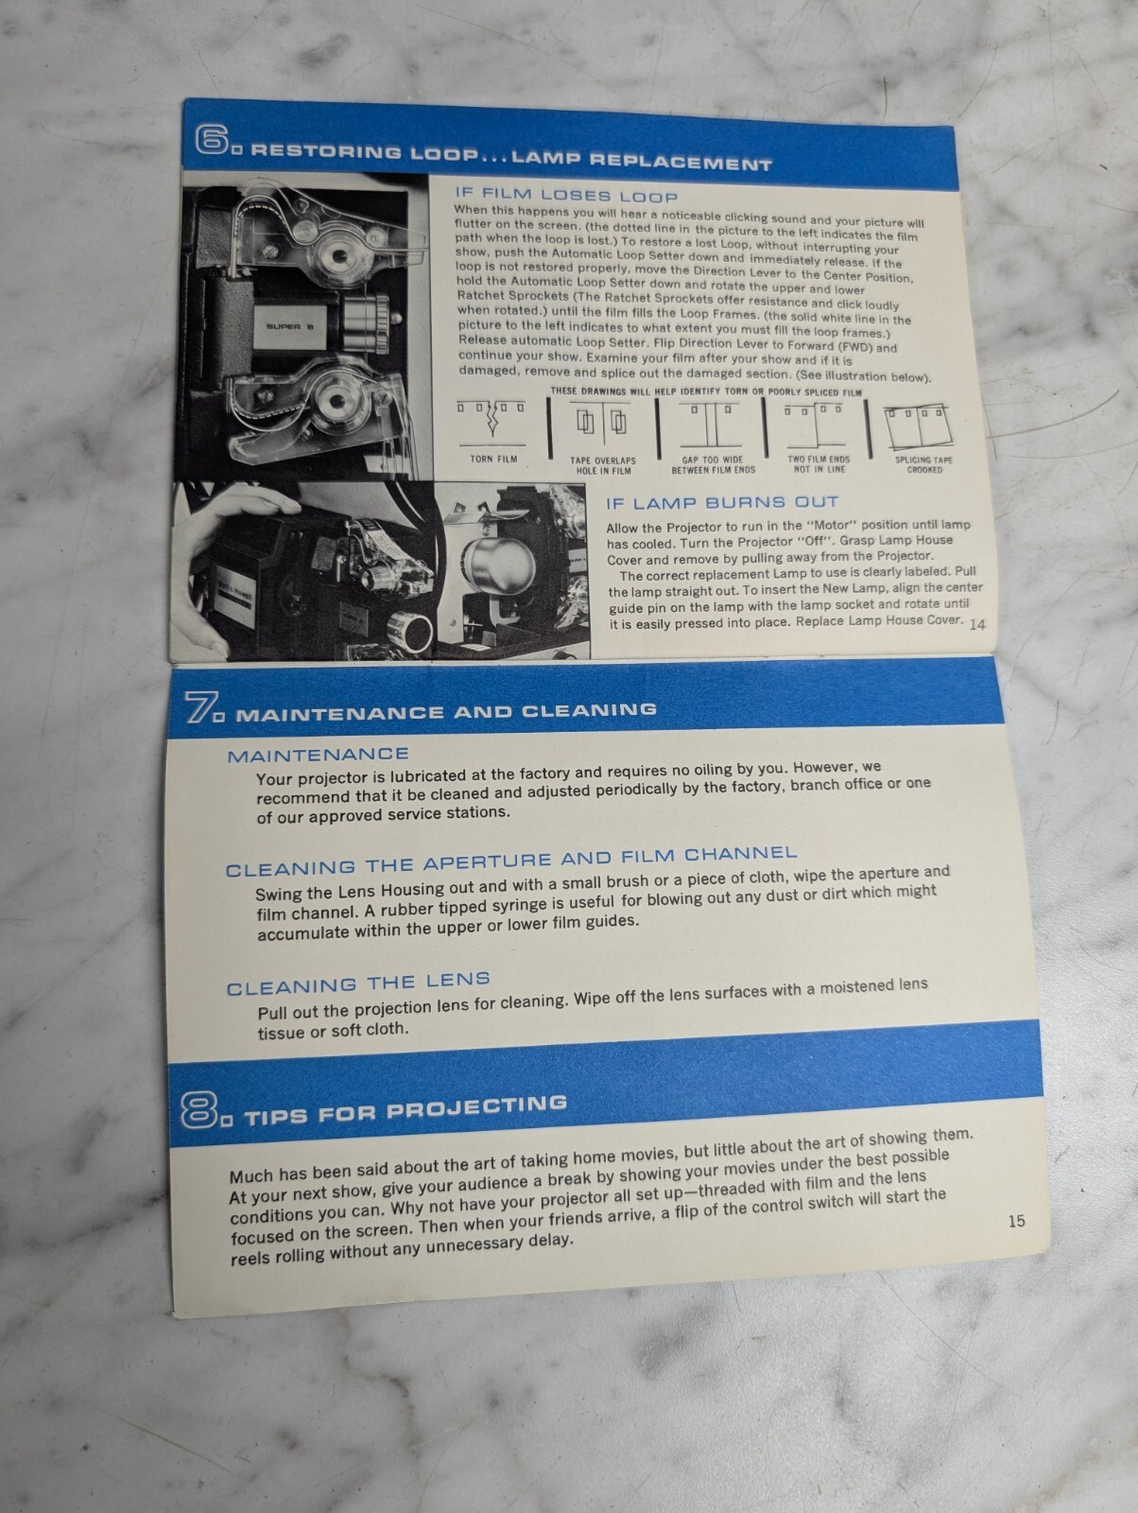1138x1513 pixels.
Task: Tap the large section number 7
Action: pyautogui.click(x=200, y=708)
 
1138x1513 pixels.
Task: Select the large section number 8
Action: pyautogui.click(x=199, y=1110)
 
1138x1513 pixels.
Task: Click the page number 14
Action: pyautogui.click(x=976, y=624)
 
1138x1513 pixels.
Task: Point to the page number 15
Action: pyautogui.click(x=1016, y=1221)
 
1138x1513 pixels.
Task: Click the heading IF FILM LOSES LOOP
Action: pyautogui.click(x=566, y=195)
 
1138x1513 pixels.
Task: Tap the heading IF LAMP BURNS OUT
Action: pyautogui.click(x=722, y=502)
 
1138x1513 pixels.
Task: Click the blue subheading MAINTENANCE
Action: pyautogui.click(x=318, y=756)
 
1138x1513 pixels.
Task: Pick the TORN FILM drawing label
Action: pyautogui.click(x=493, y=459)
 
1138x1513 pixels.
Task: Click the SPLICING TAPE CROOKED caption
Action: pyautogui.click(x=923, y=465)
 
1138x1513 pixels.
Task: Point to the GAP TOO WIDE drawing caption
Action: pyautogui.click(x=713, y=464)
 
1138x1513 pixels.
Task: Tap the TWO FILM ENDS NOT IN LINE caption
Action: pyautogui.click(x=819, y=464)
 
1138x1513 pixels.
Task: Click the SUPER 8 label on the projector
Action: pyautogui.click(x=290, y=326)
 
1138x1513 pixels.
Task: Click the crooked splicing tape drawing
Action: pyautogui.click(x=919, y=426)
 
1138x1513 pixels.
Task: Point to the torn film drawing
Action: pyautogui.click(x=491, y=422)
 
